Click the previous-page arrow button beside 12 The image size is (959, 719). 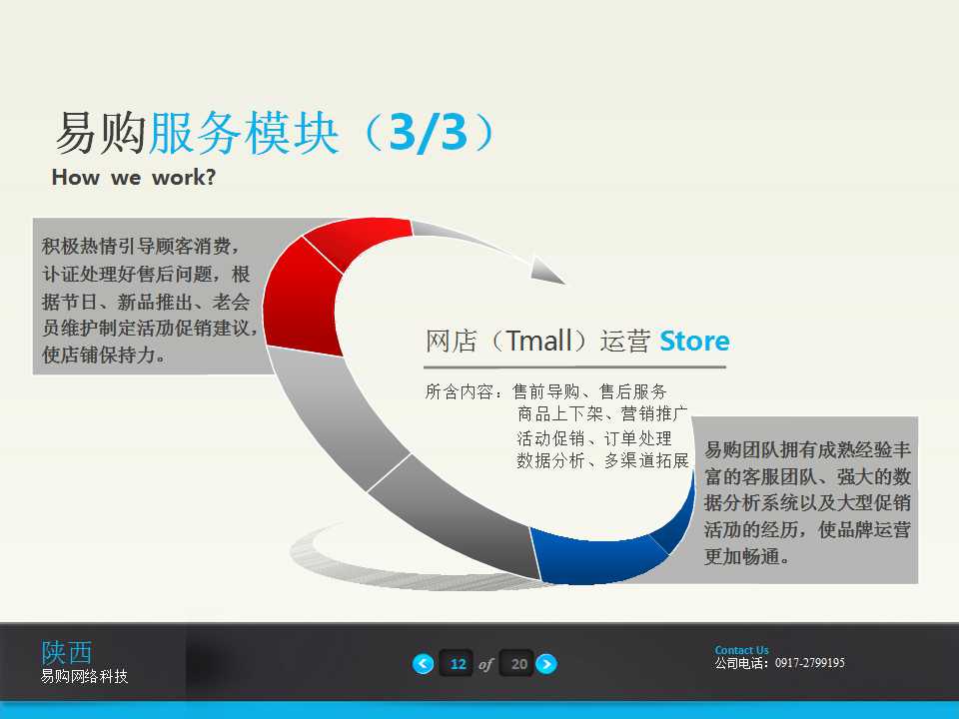pyautogui.click(x=424, y=664)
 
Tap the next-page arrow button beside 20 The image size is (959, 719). pyautogui.click(x=546, y=664)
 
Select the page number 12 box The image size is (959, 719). pyautogui.click(x=458, y=664)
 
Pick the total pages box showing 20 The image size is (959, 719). pyautogui.click(x=518, y=664)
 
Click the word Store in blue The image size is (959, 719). pyautogui.click(x=694, y=342)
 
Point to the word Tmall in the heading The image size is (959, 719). pyautogui.click(x=540, y=342)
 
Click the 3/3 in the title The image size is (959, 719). pyautogui.click(x=428, y=135)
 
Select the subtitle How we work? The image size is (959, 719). pyautogui.click(x=134, y=179)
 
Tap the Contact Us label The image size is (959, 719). pyautogui.click(x=741, y=650)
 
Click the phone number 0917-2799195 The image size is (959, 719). pyautogui.click(x=809, y=663)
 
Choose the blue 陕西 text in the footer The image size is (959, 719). pyautogui.click(x=66, y=653)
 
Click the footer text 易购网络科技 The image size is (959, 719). pyautogui.click(x=84, y=677)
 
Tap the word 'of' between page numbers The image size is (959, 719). pyautogui.click(x=486, y=665)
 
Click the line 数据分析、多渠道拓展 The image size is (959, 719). pyautogui.click(x=602, y=461)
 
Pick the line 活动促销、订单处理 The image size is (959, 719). pyautogui.click(x=594, y=438)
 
